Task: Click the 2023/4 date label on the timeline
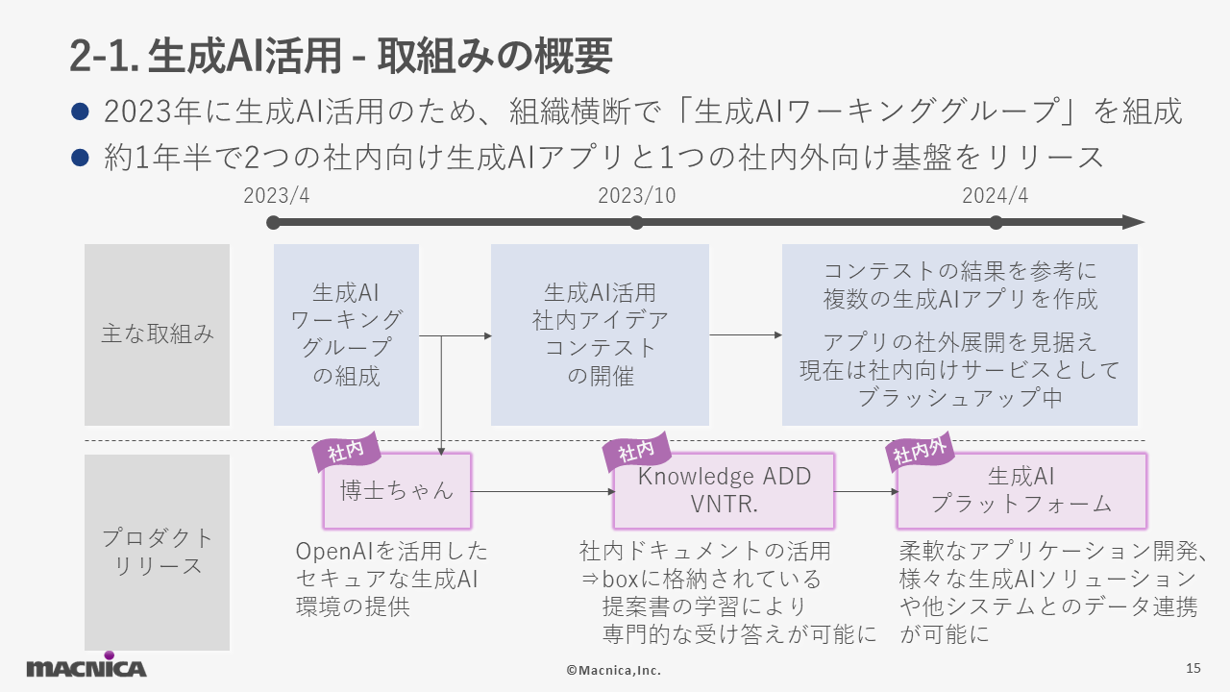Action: coord(276,195)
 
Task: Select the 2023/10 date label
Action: coord(636,195)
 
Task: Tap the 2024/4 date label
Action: coord(995,195)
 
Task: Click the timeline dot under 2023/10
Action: coord(636,222)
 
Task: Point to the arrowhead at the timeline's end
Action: coord(1133,222)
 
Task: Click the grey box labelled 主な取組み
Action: coord(157,334)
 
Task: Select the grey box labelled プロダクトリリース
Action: coord(157,552)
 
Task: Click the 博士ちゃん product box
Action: coord(397,491)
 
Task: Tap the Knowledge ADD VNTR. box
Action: coord(724,491)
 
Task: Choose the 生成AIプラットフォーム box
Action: coord(1021,491)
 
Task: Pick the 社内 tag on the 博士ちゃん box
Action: coord(346,452)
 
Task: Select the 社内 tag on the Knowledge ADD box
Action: coord(636,452)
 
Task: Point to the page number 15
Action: coord(1193,668)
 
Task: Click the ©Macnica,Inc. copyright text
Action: coord(614,670)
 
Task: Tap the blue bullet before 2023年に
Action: coord(80,111)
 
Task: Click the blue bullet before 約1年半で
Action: coord(80,158)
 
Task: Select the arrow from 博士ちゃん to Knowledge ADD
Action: coord(543,491)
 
